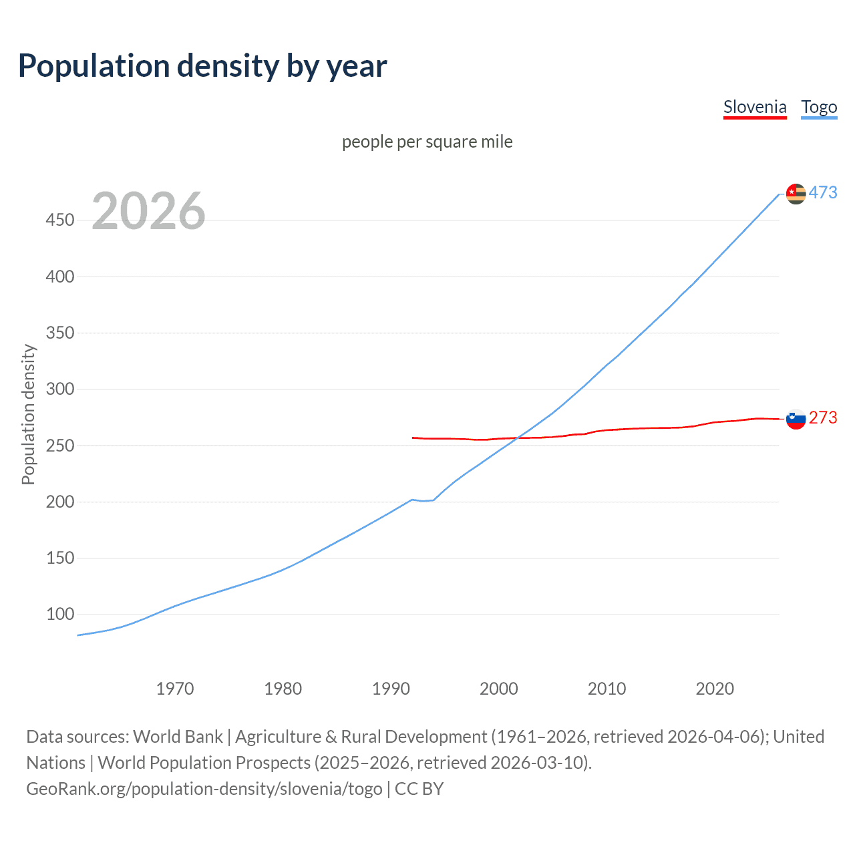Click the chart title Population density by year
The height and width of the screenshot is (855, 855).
click(202, 66)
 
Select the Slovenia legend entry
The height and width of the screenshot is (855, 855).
click(755, 107)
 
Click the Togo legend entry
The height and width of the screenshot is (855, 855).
click(819, 107)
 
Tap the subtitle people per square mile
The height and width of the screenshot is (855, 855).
click(427, 142)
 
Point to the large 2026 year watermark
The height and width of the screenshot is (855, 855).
click(148, 211)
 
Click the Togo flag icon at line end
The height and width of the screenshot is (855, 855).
click(796, 194)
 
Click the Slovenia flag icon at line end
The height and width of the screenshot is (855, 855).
click(796, 419)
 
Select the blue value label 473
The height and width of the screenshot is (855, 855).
click(823, 192)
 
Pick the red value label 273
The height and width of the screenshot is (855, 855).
click(823, 417)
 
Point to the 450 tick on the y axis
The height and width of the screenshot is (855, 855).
click(60, 220)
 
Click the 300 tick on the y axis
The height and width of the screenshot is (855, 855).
click(60, 389)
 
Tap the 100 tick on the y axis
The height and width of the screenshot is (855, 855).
click(60, 614)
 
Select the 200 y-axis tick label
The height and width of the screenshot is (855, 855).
click(60, 502)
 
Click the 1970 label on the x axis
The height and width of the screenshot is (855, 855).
click(175, 689)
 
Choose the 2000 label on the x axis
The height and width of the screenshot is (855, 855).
click(499, 689)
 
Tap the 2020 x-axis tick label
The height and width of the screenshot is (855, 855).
click(715, 689)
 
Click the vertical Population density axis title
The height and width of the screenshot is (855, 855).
click(28, 414)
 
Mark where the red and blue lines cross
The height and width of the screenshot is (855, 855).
click(518, 438)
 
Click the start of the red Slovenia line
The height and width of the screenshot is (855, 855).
click(413, 438)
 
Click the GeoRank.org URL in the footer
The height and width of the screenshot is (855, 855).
click(204, 789)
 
